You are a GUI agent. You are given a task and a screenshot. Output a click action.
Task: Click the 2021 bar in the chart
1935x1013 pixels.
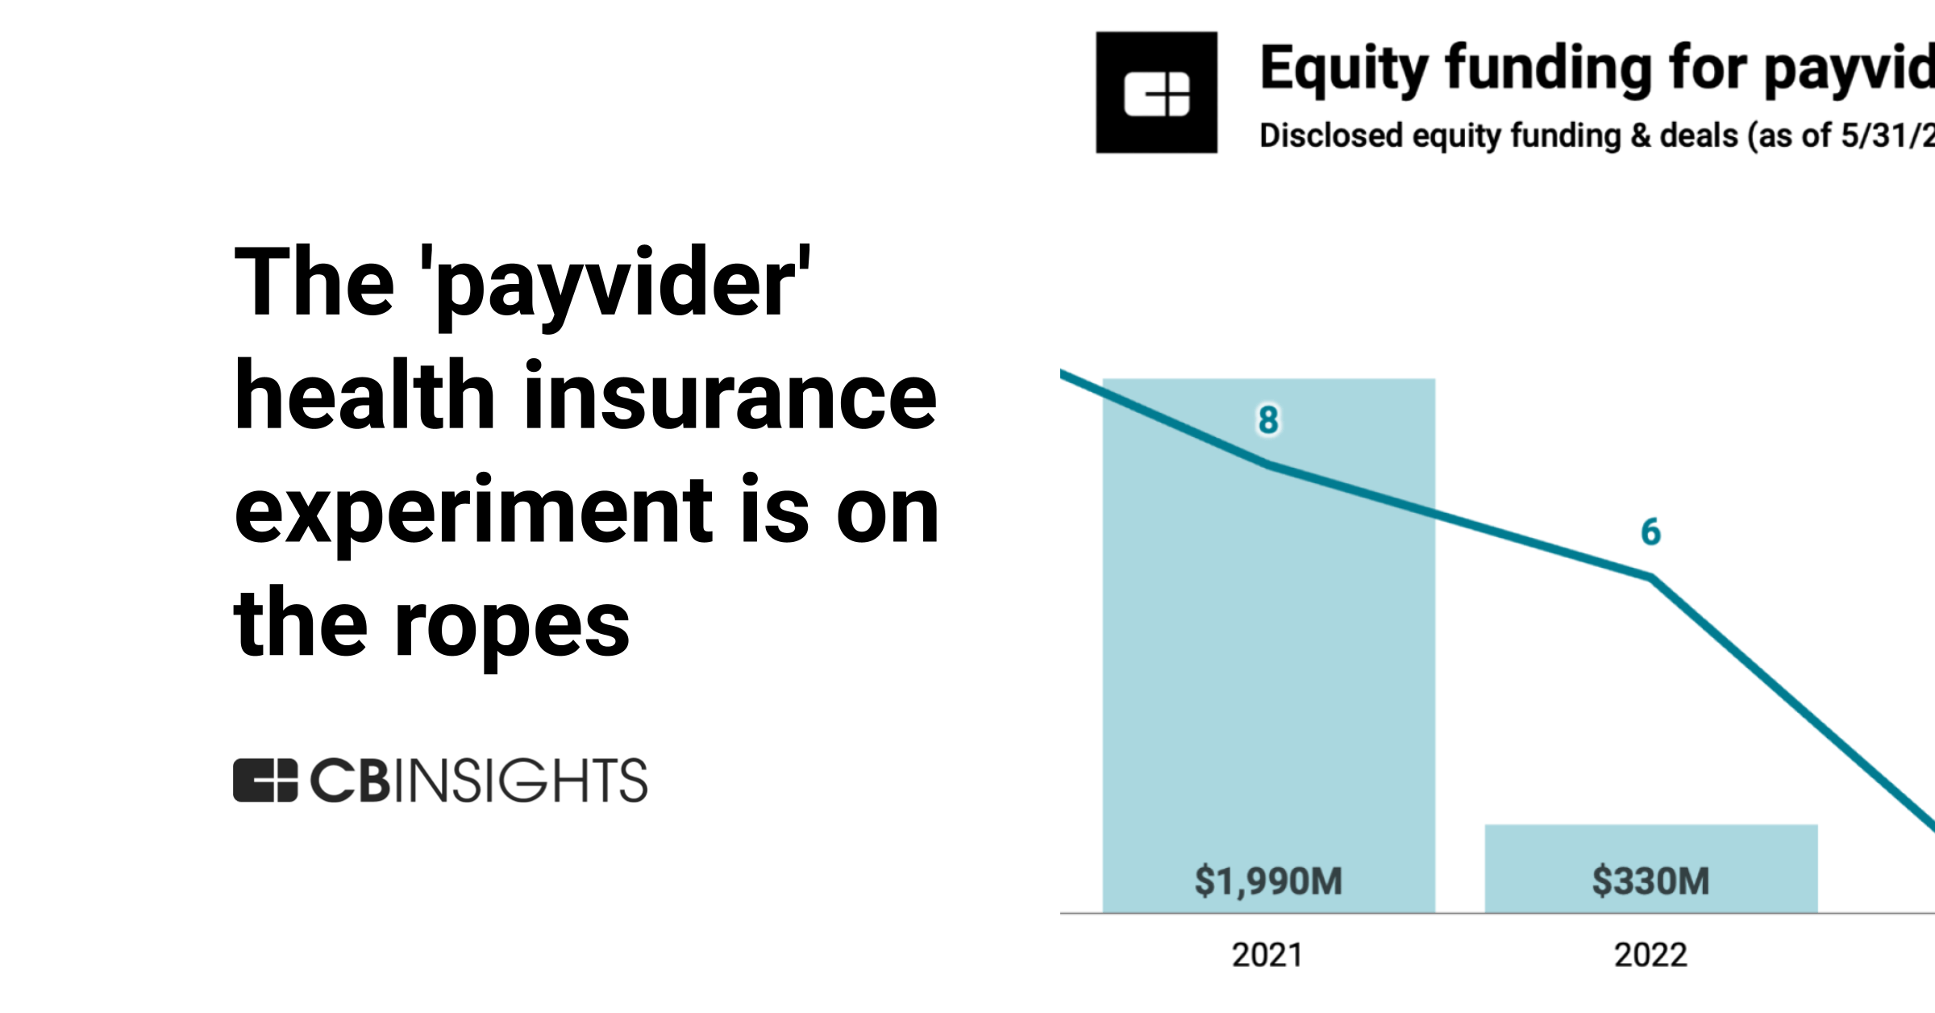(x=1268, y=686)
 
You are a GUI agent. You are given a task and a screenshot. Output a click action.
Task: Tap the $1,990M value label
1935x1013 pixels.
(x=1268, y=881)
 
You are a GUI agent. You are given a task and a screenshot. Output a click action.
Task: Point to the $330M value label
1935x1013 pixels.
(x=1650, y=881)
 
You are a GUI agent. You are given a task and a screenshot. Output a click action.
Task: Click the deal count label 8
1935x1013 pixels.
(x=1268, y=419)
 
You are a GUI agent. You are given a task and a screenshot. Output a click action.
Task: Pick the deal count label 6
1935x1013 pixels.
(x=1650, y=532)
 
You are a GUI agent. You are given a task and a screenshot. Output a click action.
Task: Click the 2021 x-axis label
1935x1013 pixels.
(x=1267, y=955)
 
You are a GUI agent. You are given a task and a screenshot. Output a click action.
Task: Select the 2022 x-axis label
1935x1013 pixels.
(x=1650, y=955)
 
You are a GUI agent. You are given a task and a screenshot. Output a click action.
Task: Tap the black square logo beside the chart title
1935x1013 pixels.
(x=1156, y=93)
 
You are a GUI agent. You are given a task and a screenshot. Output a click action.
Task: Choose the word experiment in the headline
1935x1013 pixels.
(x=474, y=511)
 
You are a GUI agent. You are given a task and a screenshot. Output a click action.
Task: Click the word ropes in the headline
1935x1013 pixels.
(x=511, y=626)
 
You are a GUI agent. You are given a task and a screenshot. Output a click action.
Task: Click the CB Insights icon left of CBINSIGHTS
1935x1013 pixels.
(x=265, y=780)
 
